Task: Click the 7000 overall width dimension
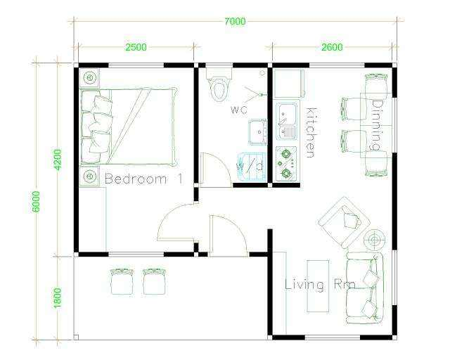point(235,22)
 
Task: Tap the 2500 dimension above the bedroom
point(136,47)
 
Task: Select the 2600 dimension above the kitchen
point(332,47)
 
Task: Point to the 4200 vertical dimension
point(58,160)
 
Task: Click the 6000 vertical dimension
point(36,202)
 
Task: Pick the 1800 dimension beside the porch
point(58,298)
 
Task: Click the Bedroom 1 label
point(143,179)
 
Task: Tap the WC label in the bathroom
point(239,110)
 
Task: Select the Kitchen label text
point(311,133)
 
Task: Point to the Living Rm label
point(320,285)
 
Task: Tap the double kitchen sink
point(286,122)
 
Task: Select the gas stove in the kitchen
point(286,164)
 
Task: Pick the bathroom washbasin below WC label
point(258,132)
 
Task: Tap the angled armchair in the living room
point(344,222)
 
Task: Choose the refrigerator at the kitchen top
point(288,84)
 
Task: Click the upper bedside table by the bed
point(89,77)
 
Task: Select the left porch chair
point(122,282)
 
